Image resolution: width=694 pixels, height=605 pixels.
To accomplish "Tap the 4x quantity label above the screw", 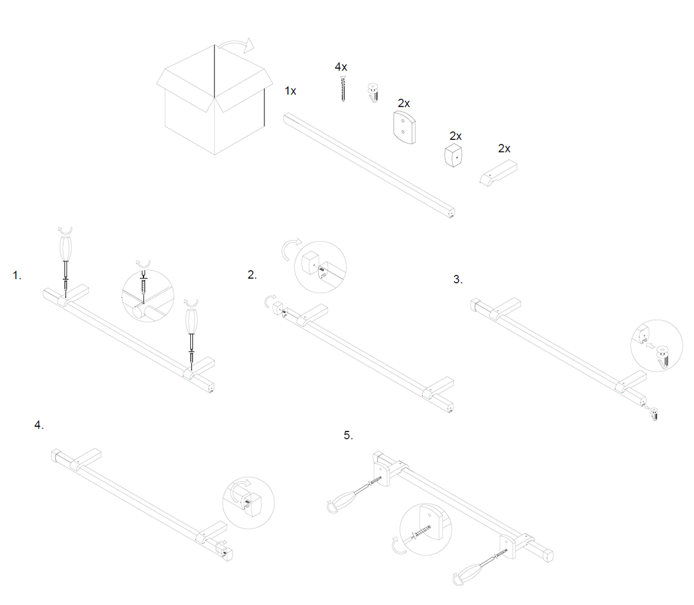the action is [341, 67].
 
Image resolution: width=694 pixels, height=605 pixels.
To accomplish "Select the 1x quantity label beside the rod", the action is [290, 91].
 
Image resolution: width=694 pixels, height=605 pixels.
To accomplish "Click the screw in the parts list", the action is [344, 88].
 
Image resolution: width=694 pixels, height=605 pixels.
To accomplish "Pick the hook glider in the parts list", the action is [373, 92].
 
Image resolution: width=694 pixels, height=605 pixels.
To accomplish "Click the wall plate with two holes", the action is [404, 127].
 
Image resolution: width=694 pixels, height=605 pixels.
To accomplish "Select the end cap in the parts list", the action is [453, 156].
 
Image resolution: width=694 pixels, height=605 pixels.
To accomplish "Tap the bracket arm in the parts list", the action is [499, 173].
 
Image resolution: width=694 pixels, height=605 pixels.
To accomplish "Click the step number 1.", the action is [17, 275].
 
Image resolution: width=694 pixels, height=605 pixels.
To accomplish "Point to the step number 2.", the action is [252, 275].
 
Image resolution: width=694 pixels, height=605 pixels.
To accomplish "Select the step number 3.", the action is [458, 279].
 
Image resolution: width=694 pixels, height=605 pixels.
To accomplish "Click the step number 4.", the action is [39, 425].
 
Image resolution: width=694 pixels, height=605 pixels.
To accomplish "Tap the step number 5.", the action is [348, 435].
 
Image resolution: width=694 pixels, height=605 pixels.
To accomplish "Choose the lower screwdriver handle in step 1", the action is [191, 321].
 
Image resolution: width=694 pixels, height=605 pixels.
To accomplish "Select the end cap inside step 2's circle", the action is [309, 263].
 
